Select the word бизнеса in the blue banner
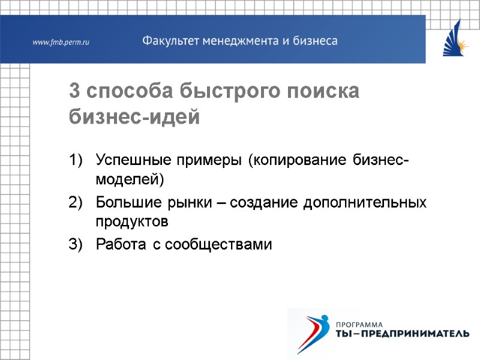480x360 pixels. pyautogui.click(x=314, y=41)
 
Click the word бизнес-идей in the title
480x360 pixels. pyautogui.click(x=134, y=116)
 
